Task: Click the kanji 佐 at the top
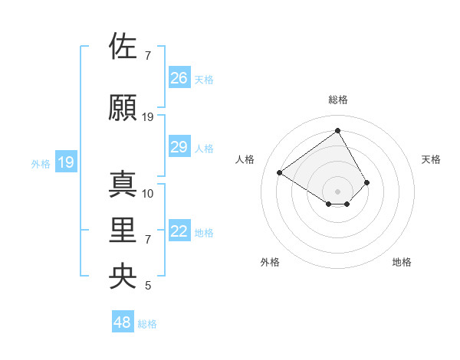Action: coord(123,46)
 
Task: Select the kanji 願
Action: coord(123,108)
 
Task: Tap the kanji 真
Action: coord(123,184)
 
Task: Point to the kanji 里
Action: coord(123,230)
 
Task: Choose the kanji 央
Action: coord(123,276)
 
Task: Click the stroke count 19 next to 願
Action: coord(148,117)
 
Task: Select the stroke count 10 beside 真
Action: coord(148,193)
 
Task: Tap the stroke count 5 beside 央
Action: coord(148,286)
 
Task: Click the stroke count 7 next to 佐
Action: coord(148,56)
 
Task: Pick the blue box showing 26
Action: coord(179,77)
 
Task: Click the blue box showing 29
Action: coord(179,147)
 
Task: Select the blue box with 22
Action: coord(179,231)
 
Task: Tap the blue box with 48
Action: coord(123,322)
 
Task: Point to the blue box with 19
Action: coord(65,162)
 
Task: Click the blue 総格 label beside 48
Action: coord(147,324)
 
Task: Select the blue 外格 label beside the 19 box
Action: coord(40,163)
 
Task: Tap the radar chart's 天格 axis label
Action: coord(431,159)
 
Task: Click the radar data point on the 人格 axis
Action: coord(280,172)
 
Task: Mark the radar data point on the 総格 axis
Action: coord(337,131)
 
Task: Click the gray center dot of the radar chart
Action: coord(337,191)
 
